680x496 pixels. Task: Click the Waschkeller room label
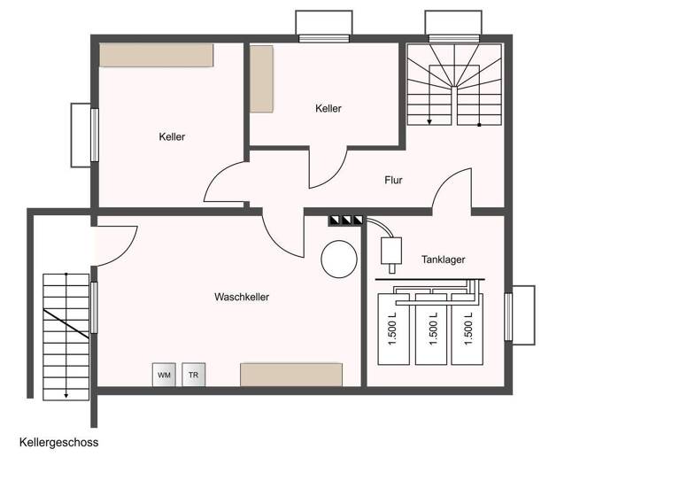(241, 298)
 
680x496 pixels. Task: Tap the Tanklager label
(443, 260)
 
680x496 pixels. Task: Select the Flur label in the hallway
(393, 181)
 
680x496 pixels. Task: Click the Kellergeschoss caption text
(58, 443)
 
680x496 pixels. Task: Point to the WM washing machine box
(164, 375)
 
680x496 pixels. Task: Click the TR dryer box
(193, 375)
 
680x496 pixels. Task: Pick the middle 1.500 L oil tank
(432, 329)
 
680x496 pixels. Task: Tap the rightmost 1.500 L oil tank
(468, 329)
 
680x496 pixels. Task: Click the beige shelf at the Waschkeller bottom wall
(291, 374)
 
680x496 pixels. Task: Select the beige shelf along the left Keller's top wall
(156, 55)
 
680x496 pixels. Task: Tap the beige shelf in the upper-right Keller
(261, 79)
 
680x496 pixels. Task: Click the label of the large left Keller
(172, 137)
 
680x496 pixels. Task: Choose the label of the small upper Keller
(328, 109)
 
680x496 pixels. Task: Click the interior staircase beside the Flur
(455, 84)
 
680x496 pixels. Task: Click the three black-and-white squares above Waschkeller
(345, 220)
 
